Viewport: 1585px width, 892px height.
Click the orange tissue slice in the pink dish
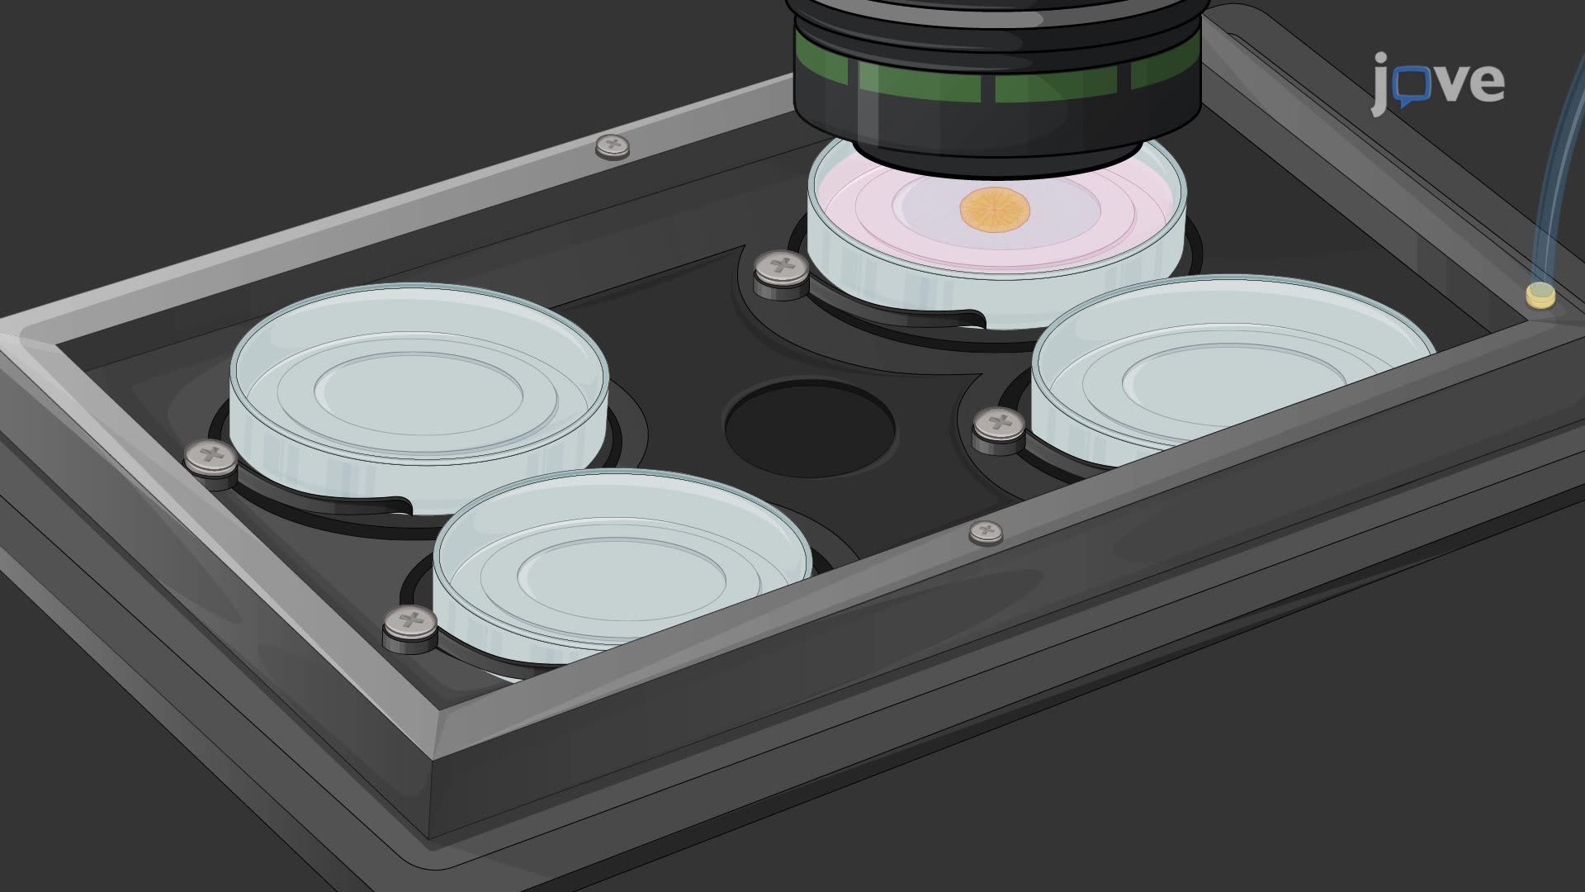pyautogui.click(x=996, y=210)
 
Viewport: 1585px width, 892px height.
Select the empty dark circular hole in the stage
pyautogui.click(x=810, y=428)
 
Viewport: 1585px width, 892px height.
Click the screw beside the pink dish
pyautogui.click(x=781, y=274)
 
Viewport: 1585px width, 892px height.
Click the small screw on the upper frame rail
pyautogui.click(x=612, y=147)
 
